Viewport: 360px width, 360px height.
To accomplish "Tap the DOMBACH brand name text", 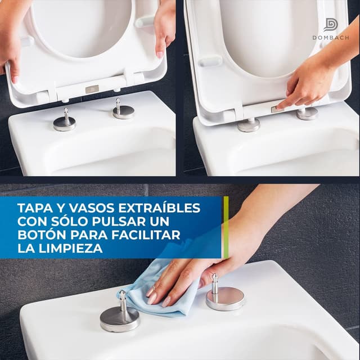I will point(331,38).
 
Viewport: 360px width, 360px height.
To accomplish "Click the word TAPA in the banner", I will point(33,208).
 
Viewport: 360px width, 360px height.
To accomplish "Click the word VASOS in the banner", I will point(87,208).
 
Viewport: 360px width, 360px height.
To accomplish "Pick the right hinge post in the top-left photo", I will point(123,109).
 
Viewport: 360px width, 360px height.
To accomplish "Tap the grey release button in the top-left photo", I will point(92,89).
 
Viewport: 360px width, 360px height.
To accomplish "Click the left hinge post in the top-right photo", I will point(248,123).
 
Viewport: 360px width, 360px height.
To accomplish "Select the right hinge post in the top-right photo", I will point(307,113).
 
